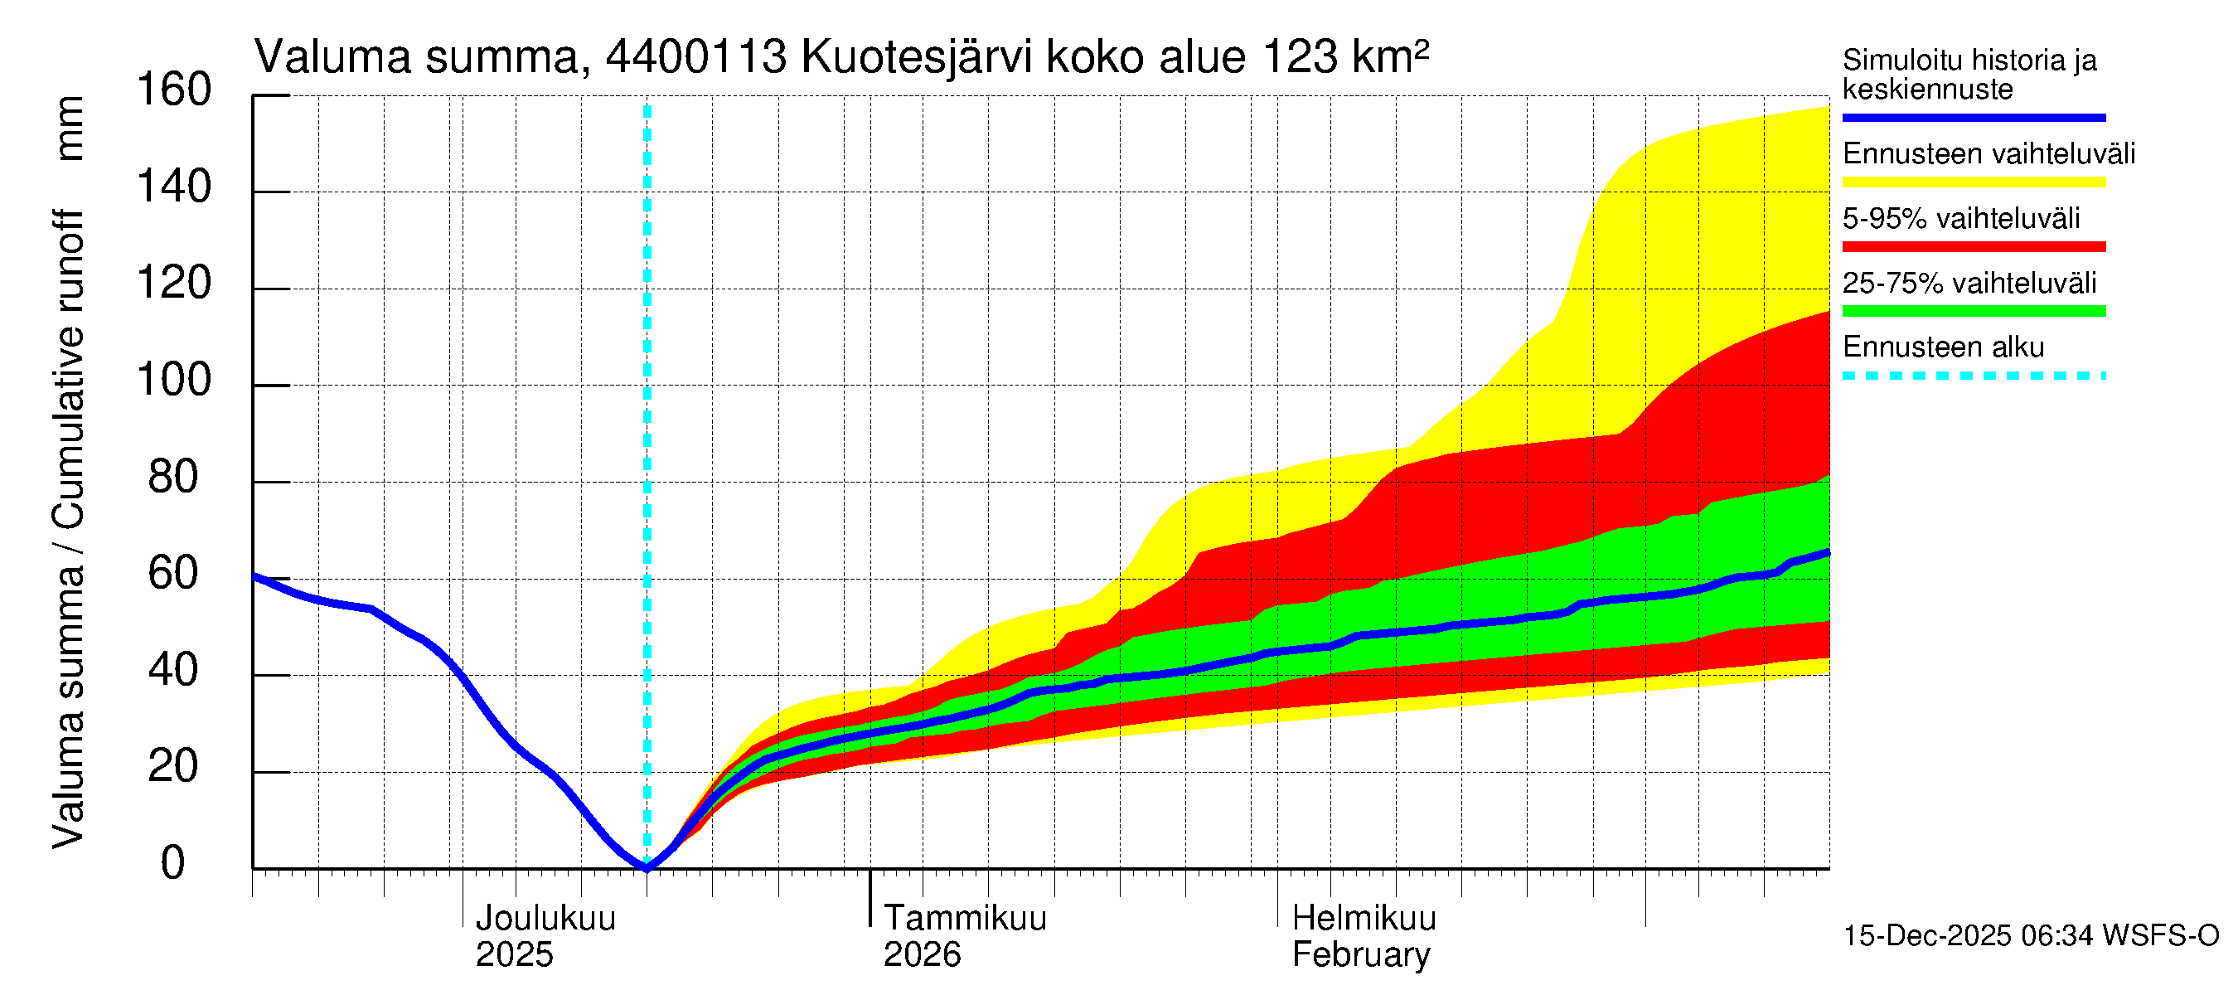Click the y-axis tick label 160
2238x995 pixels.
pyautogui.click(x=174, y=90)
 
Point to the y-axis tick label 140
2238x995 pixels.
pyautogui.click(x=174, y=187)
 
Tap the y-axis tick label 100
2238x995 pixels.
pyautogui.click(x=174, y=381)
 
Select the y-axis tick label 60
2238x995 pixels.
pyautogui.click(x=174, y=574)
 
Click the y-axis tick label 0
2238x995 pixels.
pyautogui.click(x=173, y=863)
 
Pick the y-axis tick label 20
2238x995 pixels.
pyautogui.click(x=174, y=766)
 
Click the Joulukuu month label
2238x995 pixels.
pyautogui.click(x=545, y=919)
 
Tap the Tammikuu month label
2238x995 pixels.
pyautogui.click(x=964, y=919)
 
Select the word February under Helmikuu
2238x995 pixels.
pyautogui.click(x=1360, y=955)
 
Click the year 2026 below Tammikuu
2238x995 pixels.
pyautogui.click(x=922, y=955)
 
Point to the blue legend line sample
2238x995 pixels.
pyautogui.click(x=1973, y=117)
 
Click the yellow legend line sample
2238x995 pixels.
pyautogui.click(x=1973, y=182)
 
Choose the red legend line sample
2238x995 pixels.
pyautogui.click(x=1973, y=247)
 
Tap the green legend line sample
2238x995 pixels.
pyautogui.click(x=1973, y=311)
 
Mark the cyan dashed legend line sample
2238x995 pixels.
pyautogui.click(x=1973, y=376)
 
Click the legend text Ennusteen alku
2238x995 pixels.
pyautogui.click(x=1943, y=347)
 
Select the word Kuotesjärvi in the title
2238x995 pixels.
pyautogui.click(x=916, y=57)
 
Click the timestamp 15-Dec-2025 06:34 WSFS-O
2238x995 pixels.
pyautogui.click(x=2030, y=936)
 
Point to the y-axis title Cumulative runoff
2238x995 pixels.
pyautogui.click(x=70, y=369)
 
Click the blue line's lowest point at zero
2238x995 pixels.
pyautogui.click(x=647, y=866)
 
